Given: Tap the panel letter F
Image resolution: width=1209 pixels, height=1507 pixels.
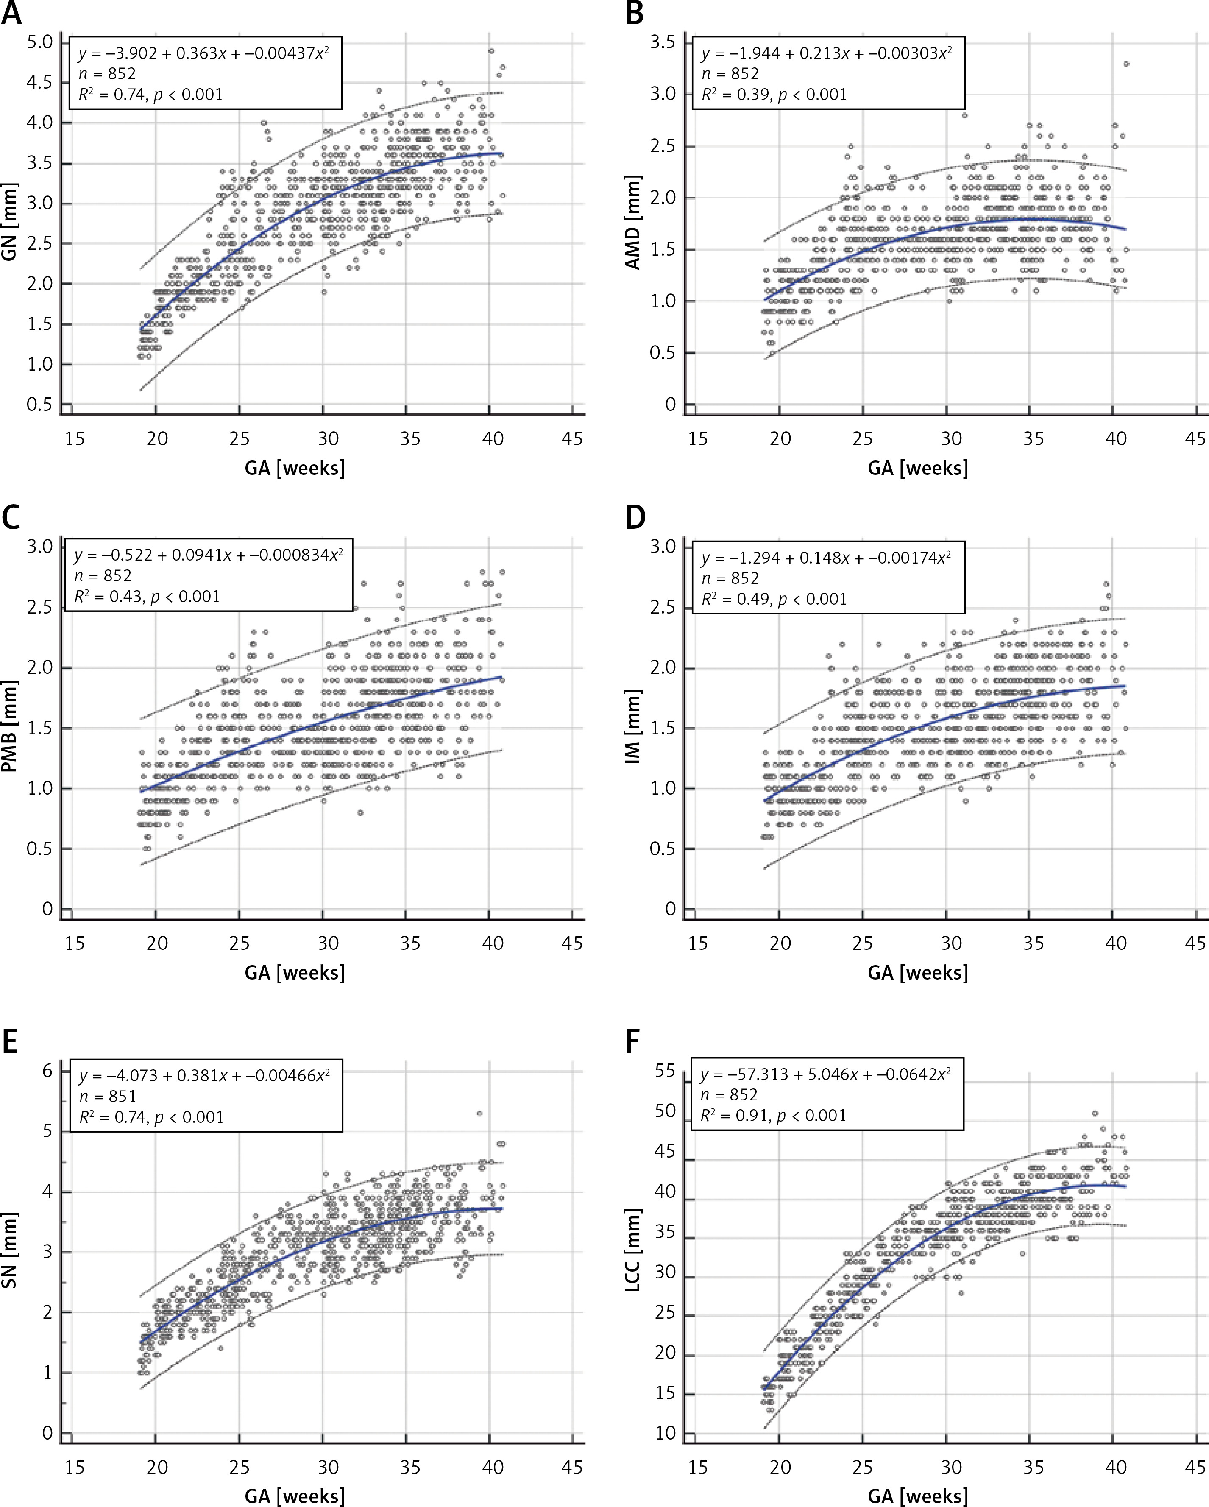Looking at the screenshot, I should tap(632, 1041).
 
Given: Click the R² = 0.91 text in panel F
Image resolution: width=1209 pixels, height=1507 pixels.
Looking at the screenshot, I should tap(773, 1115).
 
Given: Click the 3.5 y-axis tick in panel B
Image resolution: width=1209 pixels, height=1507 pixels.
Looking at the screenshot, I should tap(663, 43).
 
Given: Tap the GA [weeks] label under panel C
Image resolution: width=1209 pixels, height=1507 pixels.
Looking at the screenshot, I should tap(294, 972).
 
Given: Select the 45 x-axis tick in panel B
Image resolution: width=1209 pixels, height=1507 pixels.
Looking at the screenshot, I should tap(1195, 439).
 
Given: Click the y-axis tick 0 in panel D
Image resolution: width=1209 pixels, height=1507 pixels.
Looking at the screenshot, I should tap(671, 909).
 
